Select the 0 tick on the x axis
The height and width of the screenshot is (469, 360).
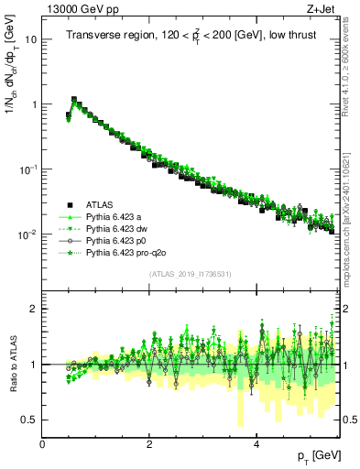(x=43, y=443)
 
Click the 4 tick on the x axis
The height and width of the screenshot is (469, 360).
(x=256, y=443)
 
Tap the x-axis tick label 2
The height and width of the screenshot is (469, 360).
(x=149, y=443)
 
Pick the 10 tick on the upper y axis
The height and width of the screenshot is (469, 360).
(x=31, y=40)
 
